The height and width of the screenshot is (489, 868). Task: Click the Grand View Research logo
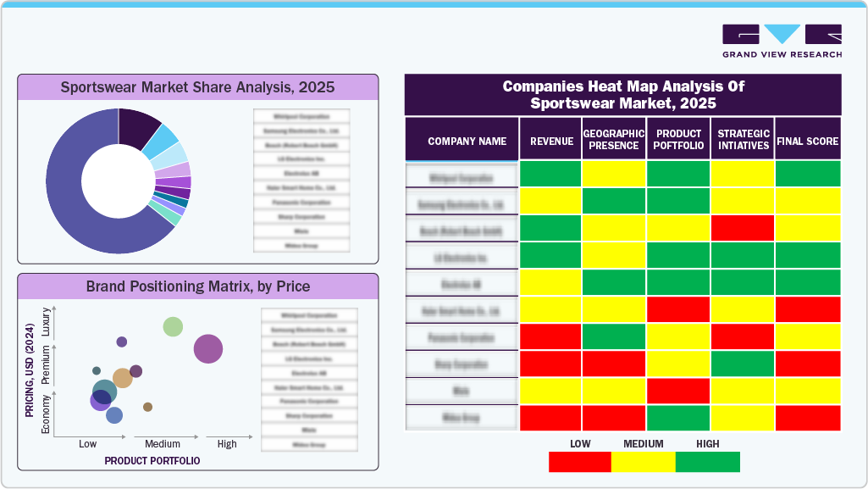[x=782, y=41]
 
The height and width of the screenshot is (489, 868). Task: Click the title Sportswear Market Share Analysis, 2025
[x=197, y=87]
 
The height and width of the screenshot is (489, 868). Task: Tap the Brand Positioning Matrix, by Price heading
[x=197, y=286]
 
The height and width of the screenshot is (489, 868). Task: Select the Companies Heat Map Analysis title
[x=622, y=95]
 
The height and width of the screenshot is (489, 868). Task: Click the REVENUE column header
[x=551, y=141]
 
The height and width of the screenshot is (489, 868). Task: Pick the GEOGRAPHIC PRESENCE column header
[x=614, y=140]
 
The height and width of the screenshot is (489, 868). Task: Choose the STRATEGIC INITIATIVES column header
[x=743, y=140]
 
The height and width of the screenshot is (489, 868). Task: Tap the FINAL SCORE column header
[x=807, y=141]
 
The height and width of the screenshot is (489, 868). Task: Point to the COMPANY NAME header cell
[x=467, y=141]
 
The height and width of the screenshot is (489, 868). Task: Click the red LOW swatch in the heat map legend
[x=580, y=462]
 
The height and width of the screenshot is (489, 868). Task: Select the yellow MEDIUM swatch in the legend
[x=644, y=462]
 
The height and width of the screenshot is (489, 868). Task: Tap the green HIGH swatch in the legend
[x=707, y=462]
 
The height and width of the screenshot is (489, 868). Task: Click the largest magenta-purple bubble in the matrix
[x=208, y=348]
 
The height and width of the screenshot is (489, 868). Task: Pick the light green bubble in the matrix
[x=173, y=326]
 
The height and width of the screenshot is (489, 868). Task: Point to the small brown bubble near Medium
[x=147, y=407]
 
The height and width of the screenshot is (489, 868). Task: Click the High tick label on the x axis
[x=227, y=444]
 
